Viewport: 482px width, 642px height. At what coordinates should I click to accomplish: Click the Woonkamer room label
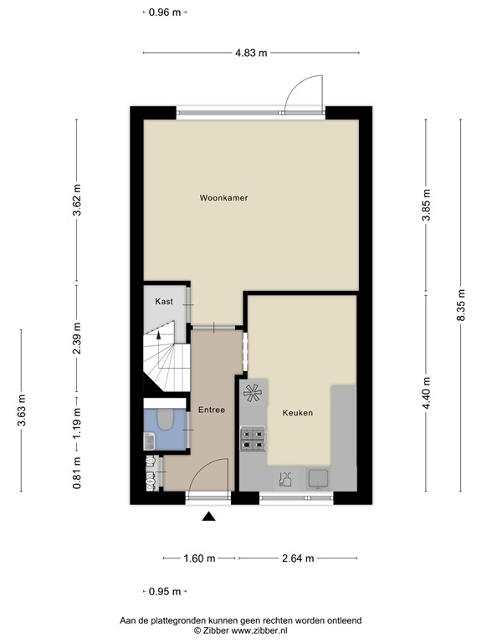coord(223,198)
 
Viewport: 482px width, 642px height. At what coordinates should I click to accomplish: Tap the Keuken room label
coord(297,412)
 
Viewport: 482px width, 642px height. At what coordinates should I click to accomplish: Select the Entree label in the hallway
coord(211,410)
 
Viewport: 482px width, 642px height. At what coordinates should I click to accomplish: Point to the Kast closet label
coord(164,301)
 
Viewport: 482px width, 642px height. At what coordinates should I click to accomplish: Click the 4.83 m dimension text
coord(251,53)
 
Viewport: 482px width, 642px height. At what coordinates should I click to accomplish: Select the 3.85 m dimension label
coord(426,206)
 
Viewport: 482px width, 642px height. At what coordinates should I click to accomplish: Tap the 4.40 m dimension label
coord(426,394)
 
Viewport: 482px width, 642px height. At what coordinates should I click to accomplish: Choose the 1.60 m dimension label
coord(200,558)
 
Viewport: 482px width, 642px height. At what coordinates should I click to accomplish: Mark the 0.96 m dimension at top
coord(164,12)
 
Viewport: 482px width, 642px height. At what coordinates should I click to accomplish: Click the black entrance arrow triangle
coord(209,517)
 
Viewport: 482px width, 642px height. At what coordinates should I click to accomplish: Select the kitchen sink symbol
coord(318,478)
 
